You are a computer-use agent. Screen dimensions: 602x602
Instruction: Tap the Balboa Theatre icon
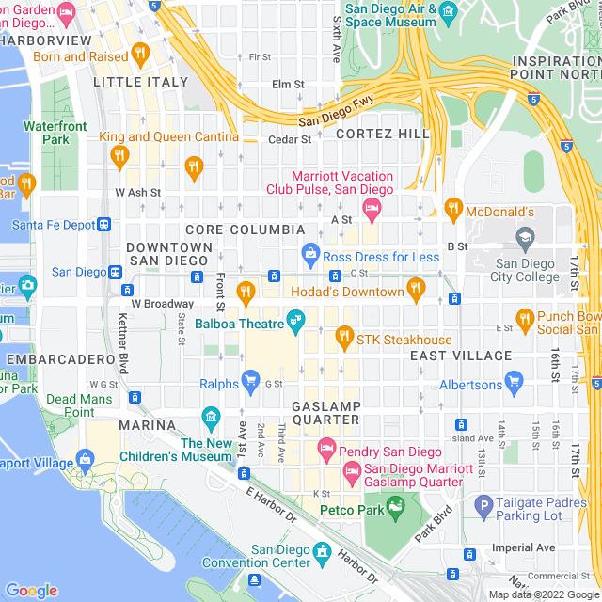(x=295, y=325)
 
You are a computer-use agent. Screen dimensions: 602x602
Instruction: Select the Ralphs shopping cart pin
(x=250, y=381)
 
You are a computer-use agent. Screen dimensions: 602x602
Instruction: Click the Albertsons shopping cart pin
(x=514, y=381)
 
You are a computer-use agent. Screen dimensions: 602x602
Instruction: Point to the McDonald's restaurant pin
(x=453, y=208)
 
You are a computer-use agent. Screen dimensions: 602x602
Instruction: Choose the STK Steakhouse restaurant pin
(x=344, y=335)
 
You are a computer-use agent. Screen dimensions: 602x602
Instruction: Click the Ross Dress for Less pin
(x=309, y=253)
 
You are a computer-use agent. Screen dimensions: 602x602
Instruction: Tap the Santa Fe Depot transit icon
(x=103, y=224)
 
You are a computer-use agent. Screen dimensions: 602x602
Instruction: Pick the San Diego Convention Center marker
(x=323, y=549)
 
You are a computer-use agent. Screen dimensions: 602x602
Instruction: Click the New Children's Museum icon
(x=211, y=417)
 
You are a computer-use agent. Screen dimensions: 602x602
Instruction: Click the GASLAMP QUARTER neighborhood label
(x=326, y=412)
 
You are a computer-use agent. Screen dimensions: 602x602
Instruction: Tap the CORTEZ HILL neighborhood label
(x=383, y=134)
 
